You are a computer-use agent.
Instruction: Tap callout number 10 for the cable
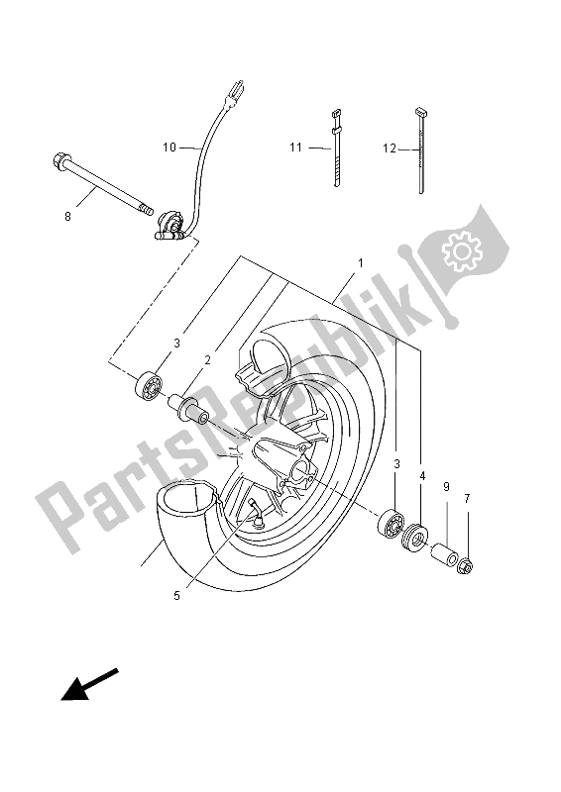click(169, 148)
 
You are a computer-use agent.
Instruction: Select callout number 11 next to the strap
click(295, 148)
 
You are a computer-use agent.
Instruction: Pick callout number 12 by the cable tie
click(390, 148)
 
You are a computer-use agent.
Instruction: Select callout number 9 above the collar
click(447, 487)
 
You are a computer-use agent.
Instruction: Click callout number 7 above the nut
click(467, 498)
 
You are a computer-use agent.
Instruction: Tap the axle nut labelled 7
click(465, 566)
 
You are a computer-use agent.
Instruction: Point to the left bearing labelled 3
click(152, 384)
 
